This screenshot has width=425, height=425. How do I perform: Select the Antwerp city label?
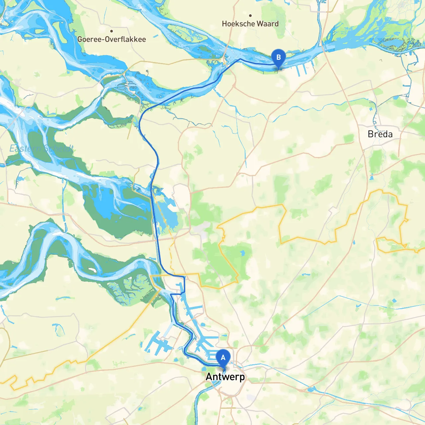225,377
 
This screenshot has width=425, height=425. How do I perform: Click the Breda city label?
380,134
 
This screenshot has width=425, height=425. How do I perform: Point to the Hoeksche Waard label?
250,24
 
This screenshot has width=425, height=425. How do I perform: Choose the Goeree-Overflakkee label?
112,39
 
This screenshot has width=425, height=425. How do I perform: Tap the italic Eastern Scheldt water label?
41,148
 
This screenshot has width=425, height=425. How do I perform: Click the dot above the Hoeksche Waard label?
250,15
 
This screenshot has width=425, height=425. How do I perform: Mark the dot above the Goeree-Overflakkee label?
112,31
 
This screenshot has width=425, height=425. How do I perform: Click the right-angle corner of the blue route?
184,277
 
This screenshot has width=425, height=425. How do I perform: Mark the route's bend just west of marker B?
240,59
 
